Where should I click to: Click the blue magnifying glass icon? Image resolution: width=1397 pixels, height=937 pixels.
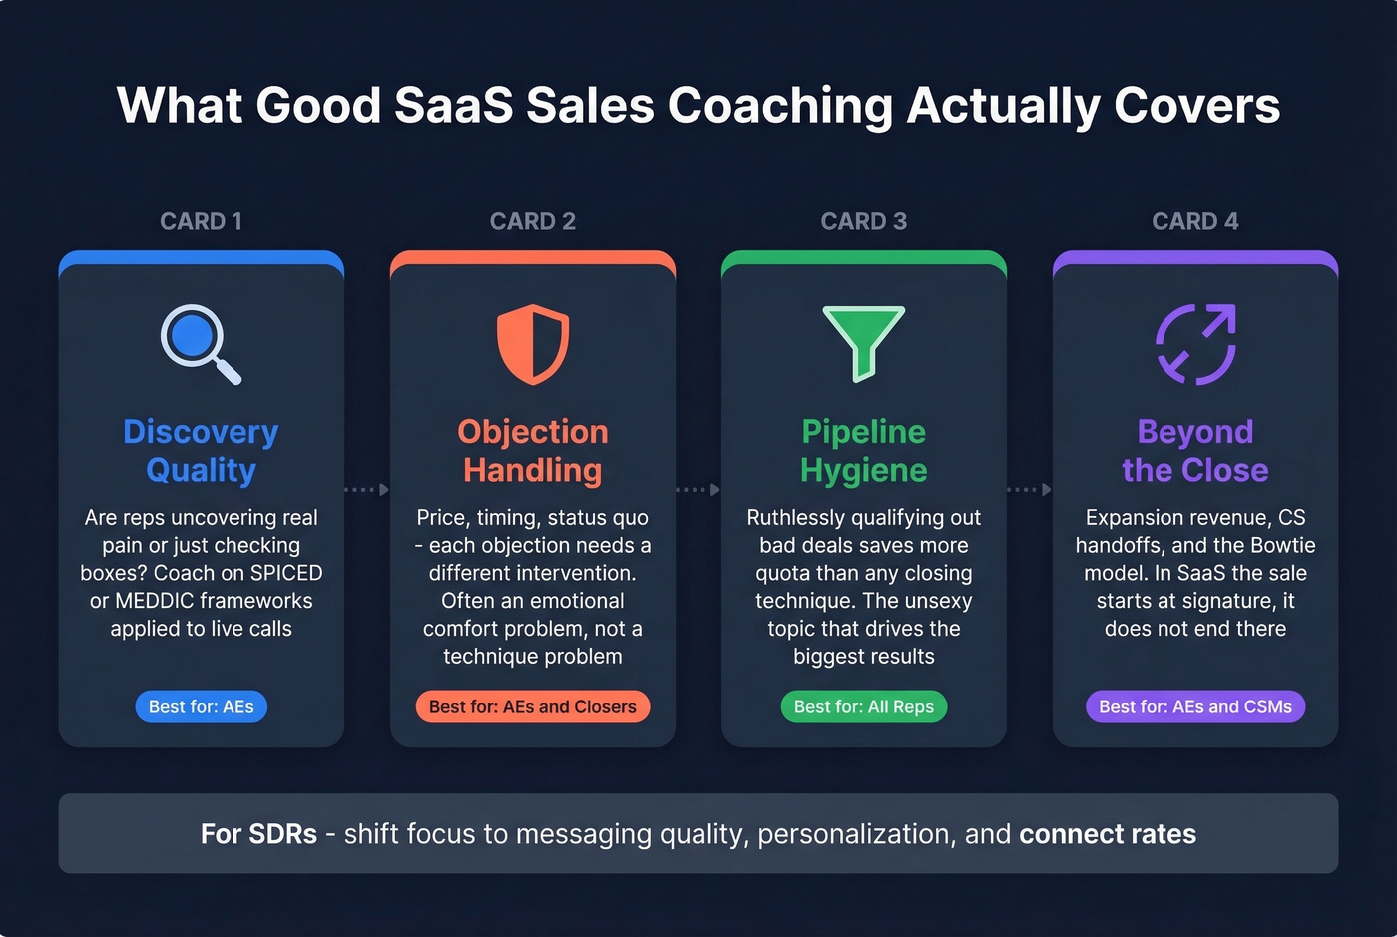click(199, 342)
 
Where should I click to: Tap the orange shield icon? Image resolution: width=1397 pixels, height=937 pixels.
click(533, 344)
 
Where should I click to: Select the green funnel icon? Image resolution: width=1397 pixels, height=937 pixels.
click(864, 342)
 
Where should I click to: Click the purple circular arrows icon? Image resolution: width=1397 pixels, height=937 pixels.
click(1195, 344)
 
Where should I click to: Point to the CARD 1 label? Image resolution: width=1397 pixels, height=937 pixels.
click(201, 221)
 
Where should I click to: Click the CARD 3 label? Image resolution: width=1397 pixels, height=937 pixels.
click(864, 221)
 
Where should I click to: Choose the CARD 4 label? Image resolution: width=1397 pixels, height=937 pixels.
click(1195, 221)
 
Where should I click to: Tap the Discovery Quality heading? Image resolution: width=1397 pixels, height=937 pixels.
click(201, 451)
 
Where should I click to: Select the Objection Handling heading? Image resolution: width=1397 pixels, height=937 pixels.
click(533, 451)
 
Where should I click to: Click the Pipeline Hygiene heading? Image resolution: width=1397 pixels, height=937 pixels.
click(864, 451)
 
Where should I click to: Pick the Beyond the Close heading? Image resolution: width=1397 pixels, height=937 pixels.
click(1195, 451)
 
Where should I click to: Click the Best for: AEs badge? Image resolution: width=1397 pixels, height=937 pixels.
click(201, 706)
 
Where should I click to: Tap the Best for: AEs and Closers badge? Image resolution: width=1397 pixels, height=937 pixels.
click(533, 706)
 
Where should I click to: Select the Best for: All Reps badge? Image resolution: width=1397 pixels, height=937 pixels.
click(864, 706)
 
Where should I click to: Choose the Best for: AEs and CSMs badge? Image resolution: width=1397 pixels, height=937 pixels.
click(1195, 706)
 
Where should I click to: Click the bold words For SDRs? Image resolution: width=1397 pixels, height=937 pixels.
click(258, 834)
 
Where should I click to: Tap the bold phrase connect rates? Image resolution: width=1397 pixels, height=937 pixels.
click(1108, 834)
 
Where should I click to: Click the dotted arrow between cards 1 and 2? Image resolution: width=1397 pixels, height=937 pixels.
click(367, 490)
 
